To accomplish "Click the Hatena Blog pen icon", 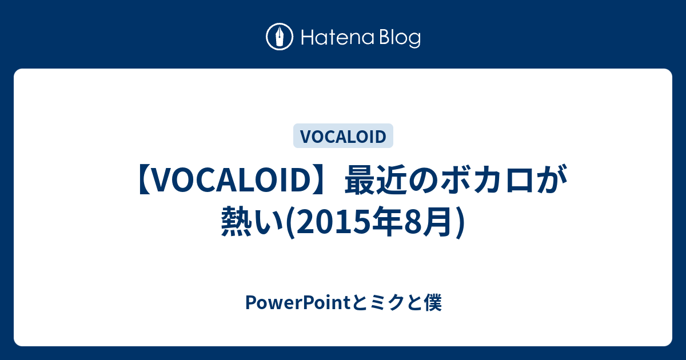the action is coord(280,37).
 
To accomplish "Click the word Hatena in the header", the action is coord(338,38).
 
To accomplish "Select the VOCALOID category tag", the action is coord(343,136).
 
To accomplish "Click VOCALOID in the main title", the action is coord(232,180).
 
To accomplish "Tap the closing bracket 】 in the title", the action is coord(320,180).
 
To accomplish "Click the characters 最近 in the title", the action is coord(376,179).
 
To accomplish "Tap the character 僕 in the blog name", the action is coord(432,303).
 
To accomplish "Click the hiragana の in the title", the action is coord(423,181).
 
